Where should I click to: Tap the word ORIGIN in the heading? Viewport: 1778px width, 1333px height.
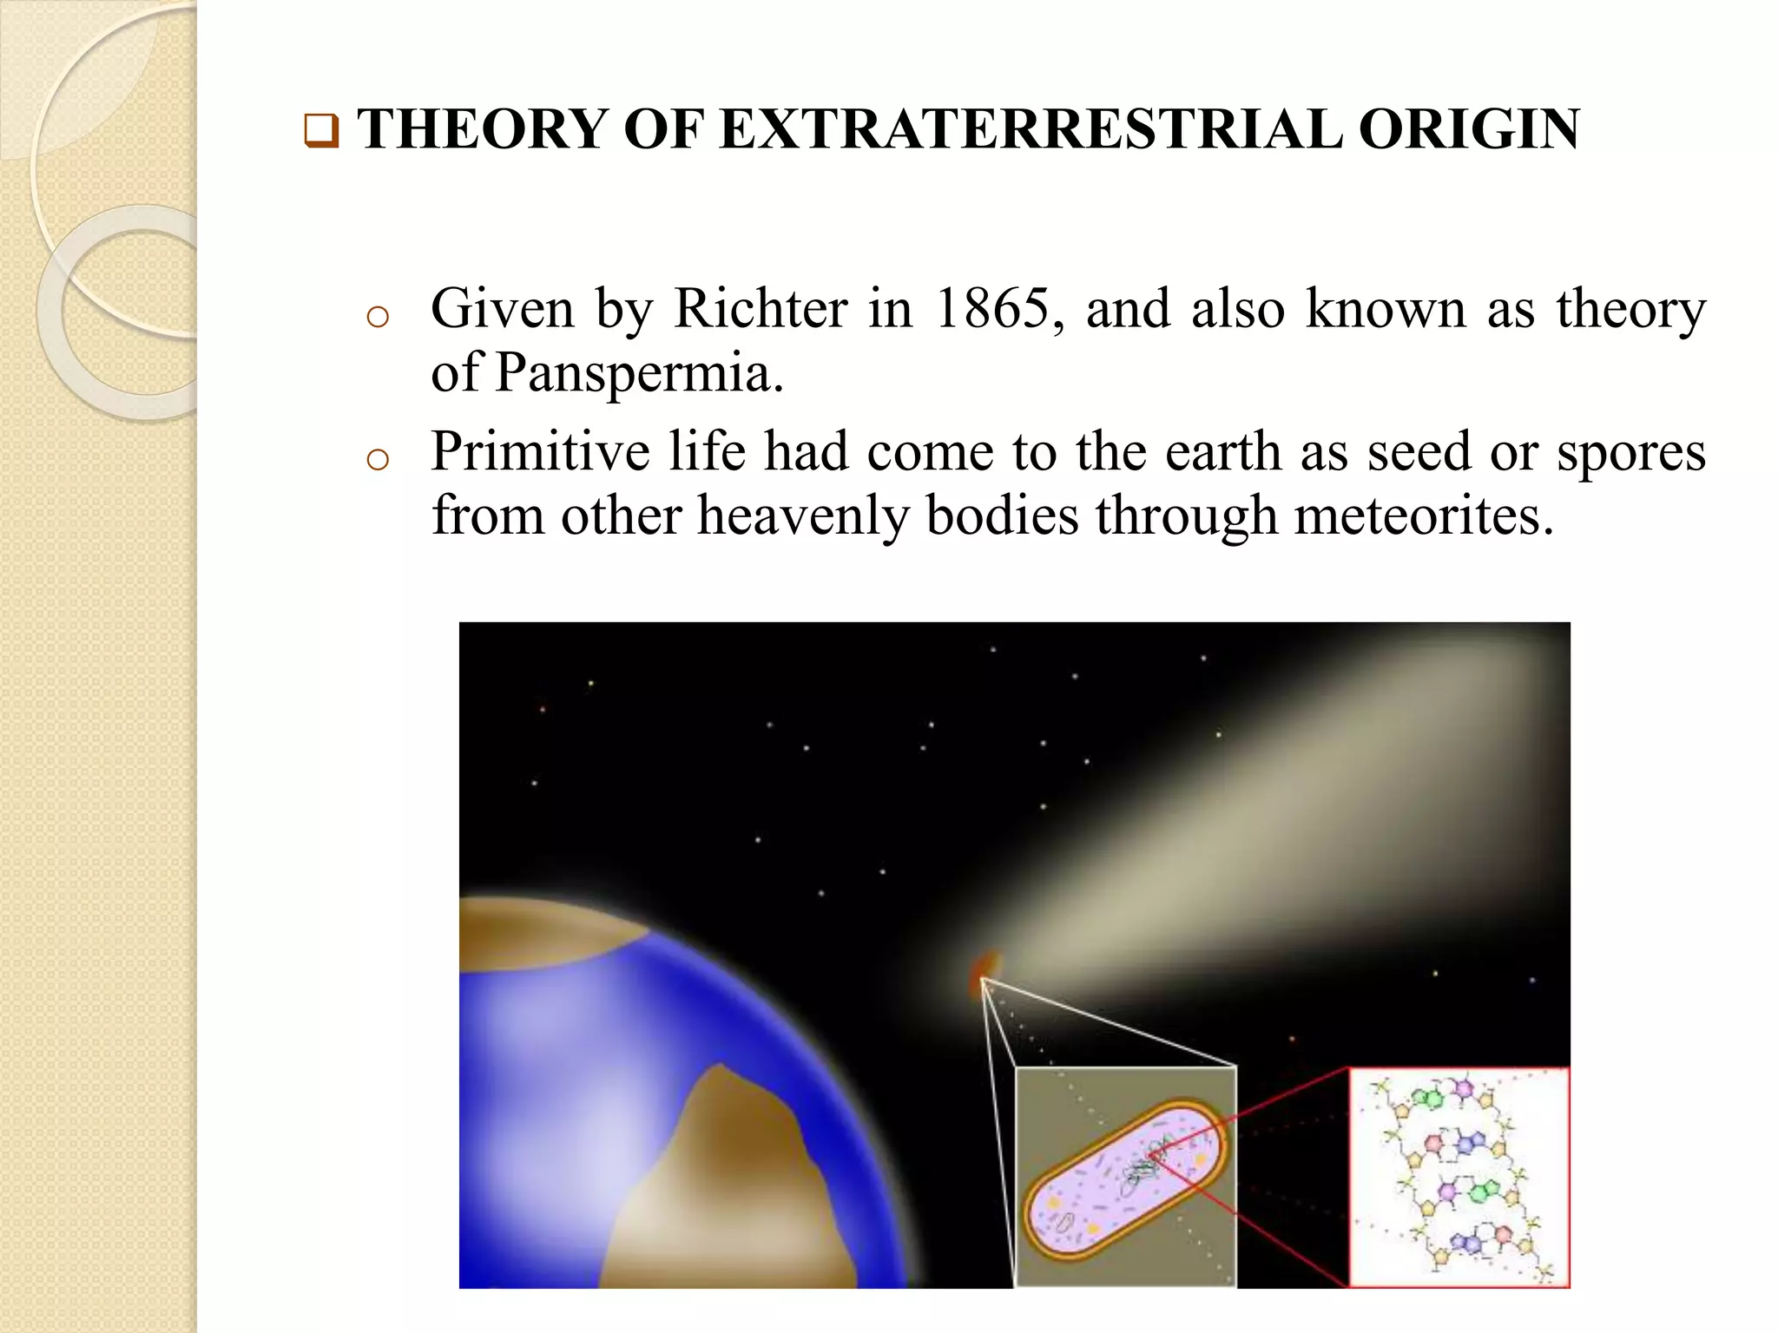(1469, 129)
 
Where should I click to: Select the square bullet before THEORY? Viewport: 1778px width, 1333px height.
(320, 131)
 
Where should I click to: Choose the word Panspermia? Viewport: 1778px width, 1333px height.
(639, 373)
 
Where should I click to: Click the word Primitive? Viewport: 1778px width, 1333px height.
(540, 452)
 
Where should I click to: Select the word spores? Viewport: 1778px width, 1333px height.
(1630, 452)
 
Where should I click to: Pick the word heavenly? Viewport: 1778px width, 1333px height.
(802, 516)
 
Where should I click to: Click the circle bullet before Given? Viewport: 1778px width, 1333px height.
(378, 317)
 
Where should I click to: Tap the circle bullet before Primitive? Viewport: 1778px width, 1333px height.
(378, 459)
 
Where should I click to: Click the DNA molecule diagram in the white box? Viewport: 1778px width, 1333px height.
(1459, 1177)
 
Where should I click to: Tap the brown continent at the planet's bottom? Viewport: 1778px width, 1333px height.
(729, 1198)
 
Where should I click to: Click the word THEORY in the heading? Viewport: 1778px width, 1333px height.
(482, 129)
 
